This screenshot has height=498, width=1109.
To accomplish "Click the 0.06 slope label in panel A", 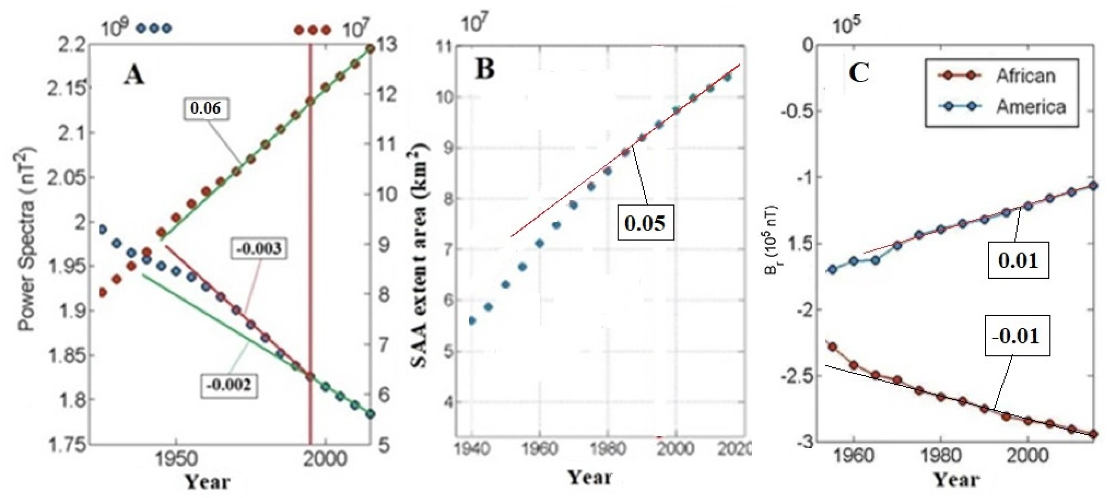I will pos(205,108).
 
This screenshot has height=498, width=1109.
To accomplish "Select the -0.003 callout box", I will pos(259,249).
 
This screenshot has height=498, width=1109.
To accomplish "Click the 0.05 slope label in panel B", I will pos(645,222).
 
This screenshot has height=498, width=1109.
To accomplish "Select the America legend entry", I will pos(1030,107).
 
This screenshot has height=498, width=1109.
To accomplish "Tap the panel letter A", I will pos(134,77).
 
